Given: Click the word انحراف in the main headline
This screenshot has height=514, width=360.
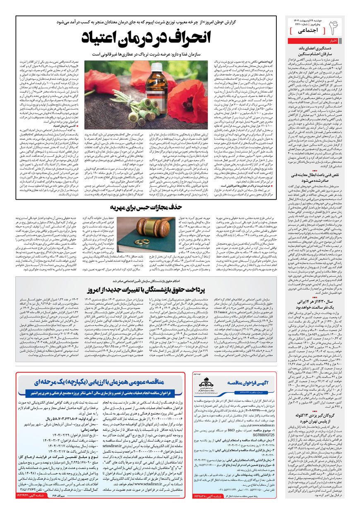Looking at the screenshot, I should (180, 38).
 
